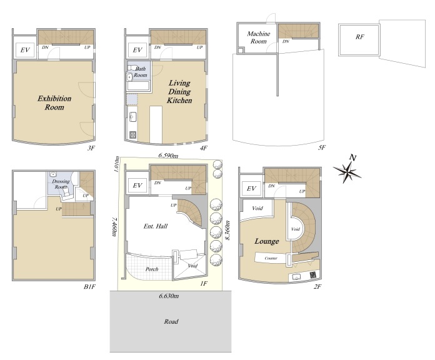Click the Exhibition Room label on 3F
(54, 103)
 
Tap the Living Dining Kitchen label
(179, 91)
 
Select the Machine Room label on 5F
(258, 37)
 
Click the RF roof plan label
(359, 37)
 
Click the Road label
(171, 321)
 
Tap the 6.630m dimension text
(169, 296)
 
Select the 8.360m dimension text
(227, 231)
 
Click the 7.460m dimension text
(114, 227)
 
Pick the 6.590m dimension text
(168, 156)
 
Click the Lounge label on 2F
(267, 241)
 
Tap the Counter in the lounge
(271, 258)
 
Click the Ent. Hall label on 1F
(156, 226)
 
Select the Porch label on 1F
(152, 269)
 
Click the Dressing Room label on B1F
(61, 184)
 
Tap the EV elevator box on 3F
(25, 50)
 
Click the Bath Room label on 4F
(140, 72)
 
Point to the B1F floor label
(89, 286)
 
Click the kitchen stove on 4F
(133, 134)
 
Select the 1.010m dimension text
(116, 164)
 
